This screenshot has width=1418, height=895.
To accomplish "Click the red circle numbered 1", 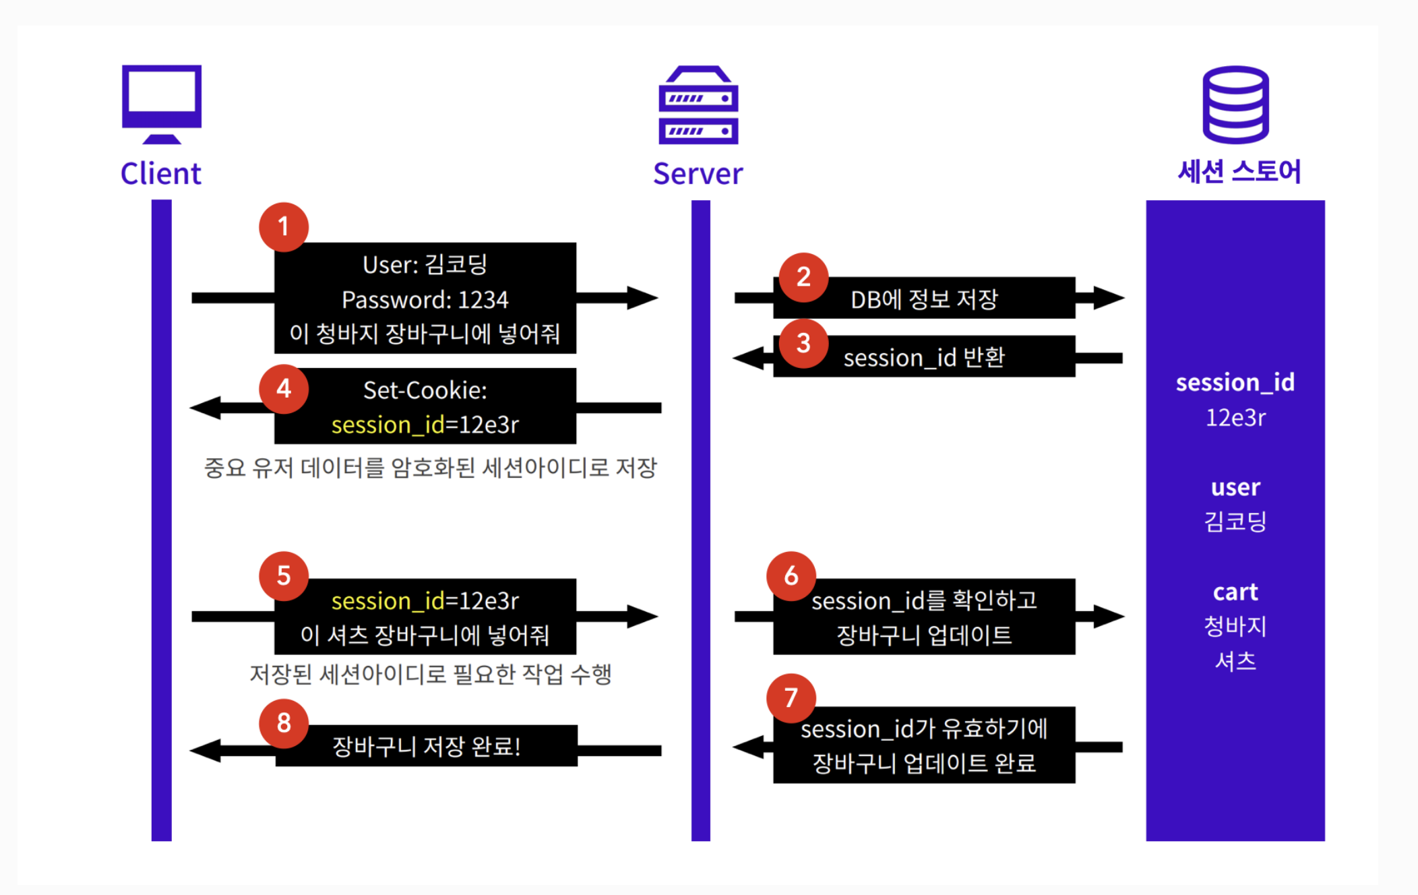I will tap(284, 227).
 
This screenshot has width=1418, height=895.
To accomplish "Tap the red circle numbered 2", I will tap(803, 277).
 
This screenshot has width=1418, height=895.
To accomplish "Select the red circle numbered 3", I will tap(803, 343).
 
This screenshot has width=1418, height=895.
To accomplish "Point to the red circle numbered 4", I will tap(284, 389).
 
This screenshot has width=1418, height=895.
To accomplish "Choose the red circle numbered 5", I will tap(284, 576).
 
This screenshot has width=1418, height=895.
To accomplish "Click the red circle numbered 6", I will tap(791, 576).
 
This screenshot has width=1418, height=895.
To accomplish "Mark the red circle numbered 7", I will tap(791, 698).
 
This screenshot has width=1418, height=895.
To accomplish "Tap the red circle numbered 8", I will tap(284, 723).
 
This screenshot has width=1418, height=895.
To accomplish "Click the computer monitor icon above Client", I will tap(162, 103).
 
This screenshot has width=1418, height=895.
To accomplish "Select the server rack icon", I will tap(698, 105).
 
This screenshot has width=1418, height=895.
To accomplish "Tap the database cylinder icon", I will tap(1235, 104).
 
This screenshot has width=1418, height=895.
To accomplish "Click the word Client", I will tap(161, 174).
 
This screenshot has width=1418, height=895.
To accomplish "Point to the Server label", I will tap(698, 174).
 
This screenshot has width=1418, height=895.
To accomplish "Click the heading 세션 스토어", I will tap(1239, 172).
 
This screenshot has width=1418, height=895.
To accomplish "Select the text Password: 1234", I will tap(425, 300).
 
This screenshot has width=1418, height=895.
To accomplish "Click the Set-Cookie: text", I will tap(425, 390).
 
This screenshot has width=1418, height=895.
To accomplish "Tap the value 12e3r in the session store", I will tap(1235, 418).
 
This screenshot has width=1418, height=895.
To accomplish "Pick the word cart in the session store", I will tap(1235, 592).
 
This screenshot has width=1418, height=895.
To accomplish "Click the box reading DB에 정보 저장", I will tap(924, 299).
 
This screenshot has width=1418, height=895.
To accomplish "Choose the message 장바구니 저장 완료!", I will tap(426, 746).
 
